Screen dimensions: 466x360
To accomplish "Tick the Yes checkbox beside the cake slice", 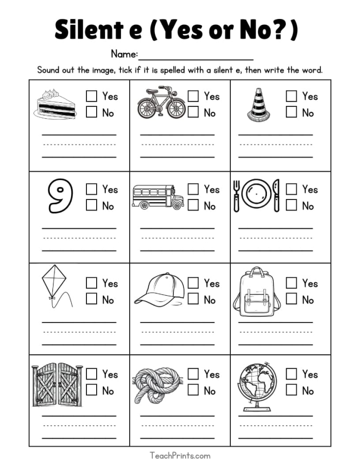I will click(x=92, y=96).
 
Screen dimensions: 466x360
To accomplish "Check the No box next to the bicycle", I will click(x=193, y=112).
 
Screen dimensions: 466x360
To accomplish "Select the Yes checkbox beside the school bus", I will click(x=193, y=189).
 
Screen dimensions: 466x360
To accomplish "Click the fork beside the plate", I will click(x=237, y=195).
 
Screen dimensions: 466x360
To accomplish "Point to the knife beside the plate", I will click(x=276, y=195).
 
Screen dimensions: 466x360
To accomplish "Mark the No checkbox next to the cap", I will click(x=193, y=299).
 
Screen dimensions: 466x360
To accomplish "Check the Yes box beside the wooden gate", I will click(x=92, y=374).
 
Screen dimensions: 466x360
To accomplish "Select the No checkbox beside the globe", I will click(x=291, y=390).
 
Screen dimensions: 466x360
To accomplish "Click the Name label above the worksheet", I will click(x=124, y=54).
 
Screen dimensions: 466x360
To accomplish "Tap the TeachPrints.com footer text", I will click(x=180, y=455).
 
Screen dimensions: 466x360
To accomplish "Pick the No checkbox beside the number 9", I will click(x=92, y=205).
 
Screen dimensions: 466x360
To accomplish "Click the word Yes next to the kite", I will click(x=110, y=283).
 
